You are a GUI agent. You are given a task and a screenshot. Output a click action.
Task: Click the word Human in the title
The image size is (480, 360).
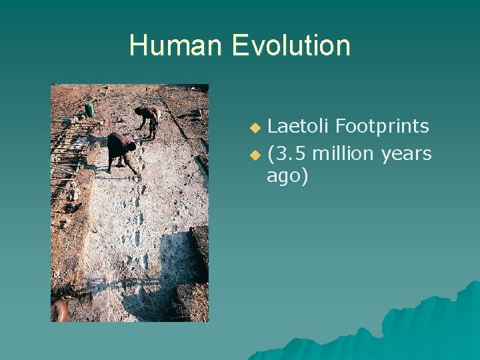click(176, 45)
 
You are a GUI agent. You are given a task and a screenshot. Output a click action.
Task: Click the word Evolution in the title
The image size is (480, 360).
click(291, 45)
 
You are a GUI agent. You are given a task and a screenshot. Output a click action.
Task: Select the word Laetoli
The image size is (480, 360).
click(298, 125)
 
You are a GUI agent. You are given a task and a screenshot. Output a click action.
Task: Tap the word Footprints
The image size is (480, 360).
click(382, 125)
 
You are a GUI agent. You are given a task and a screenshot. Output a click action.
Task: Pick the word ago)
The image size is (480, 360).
click(287, 177)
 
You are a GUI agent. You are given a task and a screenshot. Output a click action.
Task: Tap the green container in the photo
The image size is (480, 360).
click(89, 109)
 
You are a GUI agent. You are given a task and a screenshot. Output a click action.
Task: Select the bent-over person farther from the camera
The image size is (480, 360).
click(150, 119)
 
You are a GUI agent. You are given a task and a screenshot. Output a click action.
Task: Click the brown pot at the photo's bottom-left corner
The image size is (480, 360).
click(60, 310)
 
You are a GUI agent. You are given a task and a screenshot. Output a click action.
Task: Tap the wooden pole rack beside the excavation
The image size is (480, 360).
click(70, 150)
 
